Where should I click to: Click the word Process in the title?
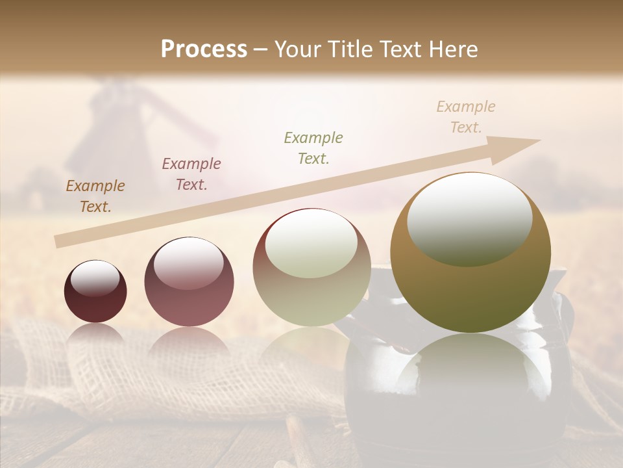pyautogui.click(x=204, y=49)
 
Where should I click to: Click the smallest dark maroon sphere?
pyautogui.click(x=95, y=292)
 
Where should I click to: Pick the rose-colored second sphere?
pyautogui.click(x=189, y=282)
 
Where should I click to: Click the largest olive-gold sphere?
pyautogui.click(x=470, y=253)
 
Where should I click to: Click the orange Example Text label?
pyautogui.click(x=95, y=196)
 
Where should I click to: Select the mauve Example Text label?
pyautogui.click(x=191, y=174)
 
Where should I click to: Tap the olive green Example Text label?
pyautogui.click(x=313, y=148)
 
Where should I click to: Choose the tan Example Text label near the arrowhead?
pyautogui.click(x=466, y=117)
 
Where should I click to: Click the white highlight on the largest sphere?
pyautogui.click(x=469, y=220)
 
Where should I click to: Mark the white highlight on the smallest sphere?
pyautogui.click(x=95, y=278)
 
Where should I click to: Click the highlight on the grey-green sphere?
pyautogui.click(x=311, y=244)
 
